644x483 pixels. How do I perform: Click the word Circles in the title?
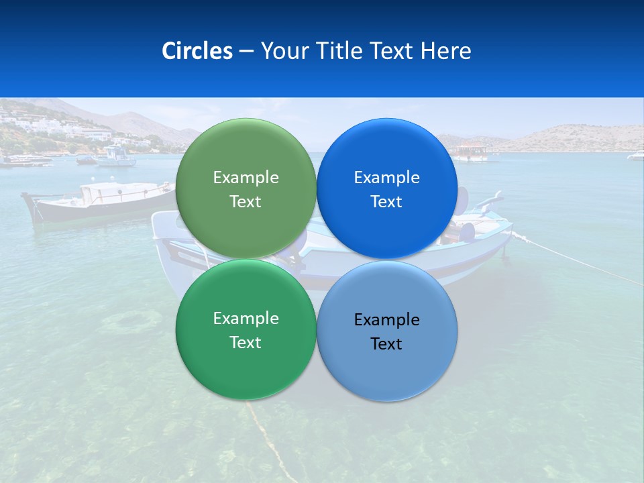tap(197, 51)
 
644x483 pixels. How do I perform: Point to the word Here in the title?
tap(445, 51)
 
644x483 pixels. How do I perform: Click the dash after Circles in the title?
tap(246, 52)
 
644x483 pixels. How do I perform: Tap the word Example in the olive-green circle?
tap(246, 177)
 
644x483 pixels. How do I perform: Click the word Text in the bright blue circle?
tap(386, 202)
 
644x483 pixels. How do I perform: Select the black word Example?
tap(386, 319)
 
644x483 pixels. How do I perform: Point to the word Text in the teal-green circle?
tap(246, 343)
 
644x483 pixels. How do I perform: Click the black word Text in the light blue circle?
tap(386, 344)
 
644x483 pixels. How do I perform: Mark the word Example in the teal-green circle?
tap(246, 318)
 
